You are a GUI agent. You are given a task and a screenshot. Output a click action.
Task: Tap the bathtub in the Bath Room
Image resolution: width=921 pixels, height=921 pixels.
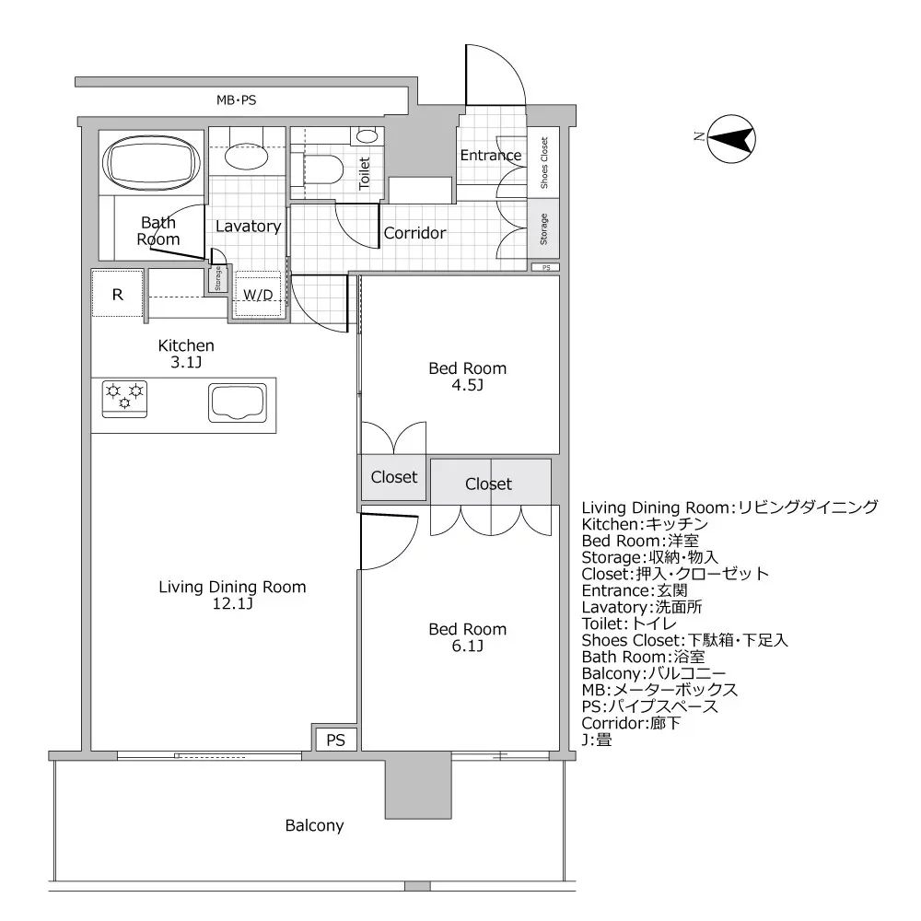pyautogui.click(x=152, y=164)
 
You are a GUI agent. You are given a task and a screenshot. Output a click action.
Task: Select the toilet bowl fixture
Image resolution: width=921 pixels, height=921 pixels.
pyautogui.click(x=322, y=169)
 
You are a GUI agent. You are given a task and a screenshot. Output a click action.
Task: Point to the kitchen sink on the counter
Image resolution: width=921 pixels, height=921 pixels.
pyautogui.click(x=236, y=403)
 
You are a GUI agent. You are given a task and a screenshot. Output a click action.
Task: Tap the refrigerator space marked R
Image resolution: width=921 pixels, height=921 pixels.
pyautogui.click(x=117, y=295)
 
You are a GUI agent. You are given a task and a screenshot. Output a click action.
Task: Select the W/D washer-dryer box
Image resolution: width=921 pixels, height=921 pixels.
pyautogui.click(x=257, y=296)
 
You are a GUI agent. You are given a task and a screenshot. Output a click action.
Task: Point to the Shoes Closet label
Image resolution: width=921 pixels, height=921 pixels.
pyautogui.click(x=543, y=162)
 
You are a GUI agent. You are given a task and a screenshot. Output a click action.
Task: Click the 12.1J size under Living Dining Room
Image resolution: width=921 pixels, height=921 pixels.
pyautogui.click(x=232, y=604)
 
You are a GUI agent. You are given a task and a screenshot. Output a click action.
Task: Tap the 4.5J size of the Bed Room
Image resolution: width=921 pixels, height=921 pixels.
pyautogui.click(x=467, y=385)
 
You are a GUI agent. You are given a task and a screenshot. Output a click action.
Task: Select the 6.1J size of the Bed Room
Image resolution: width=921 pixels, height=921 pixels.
pyautogui.click(x=467, y=646)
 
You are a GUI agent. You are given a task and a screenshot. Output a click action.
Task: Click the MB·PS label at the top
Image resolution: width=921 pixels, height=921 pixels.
pyautogui.click(x=236, y=99)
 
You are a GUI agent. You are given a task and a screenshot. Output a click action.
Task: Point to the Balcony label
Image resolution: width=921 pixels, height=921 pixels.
pyautogui.click(x=314, y=826)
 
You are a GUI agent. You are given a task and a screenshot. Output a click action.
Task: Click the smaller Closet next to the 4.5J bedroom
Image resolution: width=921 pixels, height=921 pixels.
pyautogui.click(x=393, y=478)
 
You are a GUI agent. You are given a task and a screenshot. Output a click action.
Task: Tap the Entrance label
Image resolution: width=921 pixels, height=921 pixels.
pyautogui.click(x=490, y=155)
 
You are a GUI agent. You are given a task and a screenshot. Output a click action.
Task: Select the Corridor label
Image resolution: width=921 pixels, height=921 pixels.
pyautogui.click(x=414, y=233)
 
